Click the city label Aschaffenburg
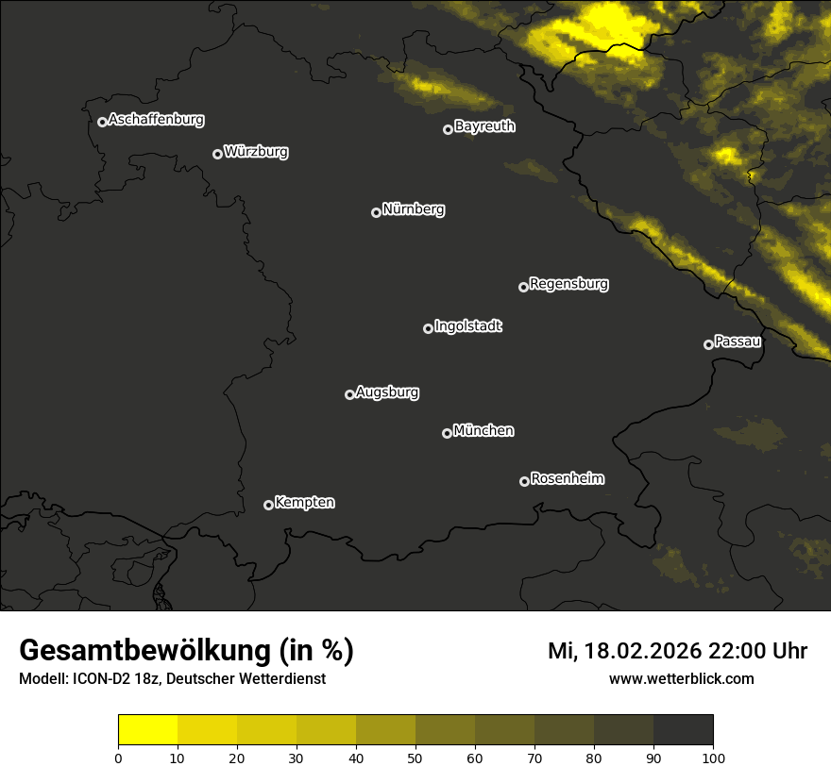coord(156,120)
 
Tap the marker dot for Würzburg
coord(217,154)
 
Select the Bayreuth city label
coord(484,126)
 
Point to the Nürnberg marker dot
coord(376,212)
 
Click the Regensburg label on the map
coord(568,284)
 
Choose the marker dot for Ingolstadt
coord(428,328)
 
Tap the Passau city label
coord(738,342)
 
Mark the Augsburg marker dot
coord(349,394)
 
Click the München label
coord(483,431)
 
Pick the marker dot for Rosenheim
coord(524,482)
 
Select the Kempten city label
coord(304,503)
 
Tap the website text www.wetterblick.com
coord(682,678)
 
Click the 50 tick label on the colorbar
coord(415,758)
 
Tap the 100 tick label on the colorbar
coord(713,758)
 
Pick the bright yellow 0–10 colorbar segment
coord(148,730)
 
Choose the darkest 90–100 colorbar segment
coord(683,730)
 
